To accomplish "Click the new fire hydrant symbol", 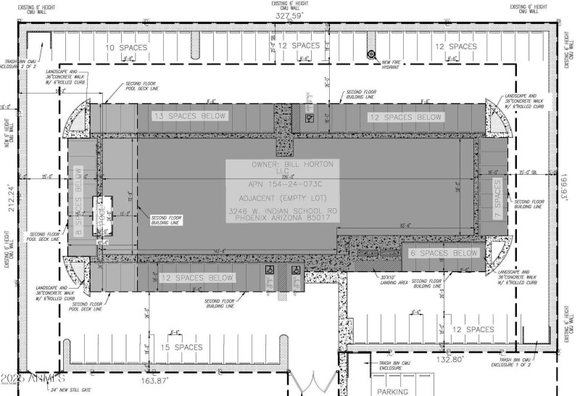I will click(370, 54).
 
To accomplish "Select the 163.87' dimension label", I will click(154, 380).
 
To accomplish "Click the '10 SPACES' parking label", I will click(127, 47).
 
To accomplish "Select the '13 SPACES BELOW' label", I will click(189, 116).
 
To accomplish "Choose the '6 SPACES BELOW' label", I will click(444, 253).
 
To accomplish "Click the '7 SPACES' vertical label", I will click(497, 205).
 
